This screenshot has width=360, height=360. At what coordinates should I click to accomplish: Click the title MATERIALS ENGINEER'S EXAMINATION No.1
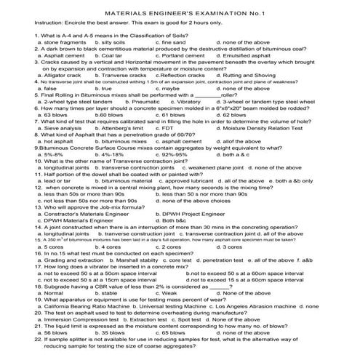180,14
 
